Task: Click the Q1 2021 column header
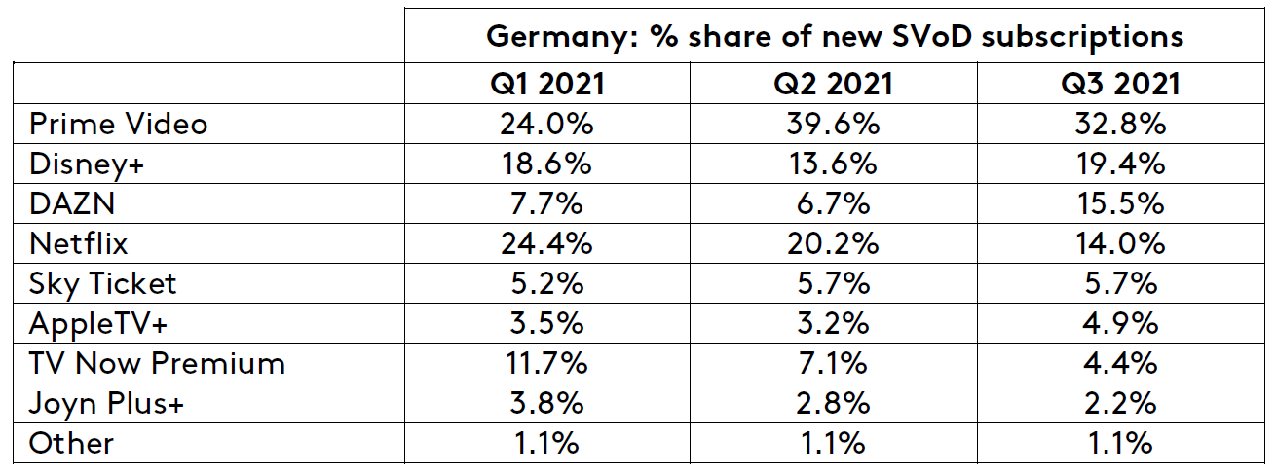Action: [546, 84]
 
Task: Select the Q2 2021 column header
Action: [833, 84]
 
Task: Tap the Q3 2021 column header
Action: [1120, 84]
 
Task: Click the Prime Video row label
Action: [118, 124]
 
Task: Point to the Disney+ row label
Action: [86, 164]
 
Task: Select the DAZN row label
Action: [72, 203]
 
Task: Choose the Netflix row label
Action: [78, 243]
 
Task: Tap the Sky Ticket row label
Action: [103, 283]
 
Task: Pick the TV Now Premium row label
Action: [157, 363]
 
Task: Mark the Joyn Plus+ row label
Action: [106, 403]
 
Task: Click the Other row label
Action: [71, 443]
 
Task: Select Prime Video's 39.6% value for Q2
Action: [833, 124]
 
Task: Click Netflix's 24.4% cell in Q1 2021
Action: [546, 243]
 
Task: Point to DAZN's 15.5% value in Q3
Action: [1120, 203]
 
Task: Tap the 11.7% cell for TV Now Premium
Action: [546, 363]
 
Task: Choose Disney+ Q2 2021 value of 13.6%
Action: [833, 164]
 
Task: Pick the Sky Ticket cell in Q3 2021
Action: [1120, 283]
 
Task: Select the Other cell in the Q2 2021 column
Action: [833, 443]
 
